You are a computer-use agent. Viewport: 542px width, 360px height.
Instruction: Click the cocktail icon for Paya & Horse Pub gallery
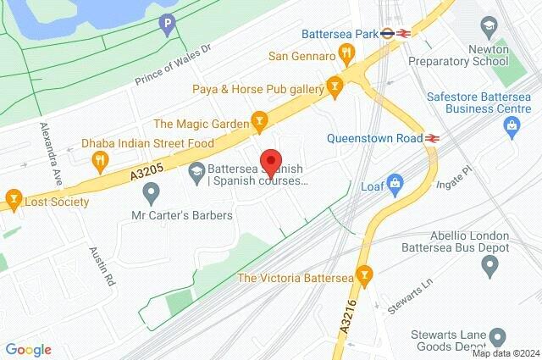[x=336, y=86]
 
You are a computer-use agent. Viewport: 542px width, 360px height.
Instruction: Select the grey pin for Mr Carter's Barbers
[x=151, y=195]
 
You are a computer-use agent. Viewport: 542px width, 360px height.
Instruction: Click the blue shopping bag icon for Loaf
[x=394, y=184]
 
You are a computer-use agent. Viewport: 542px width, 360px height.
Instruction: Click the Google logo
[x=29, y=349]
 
